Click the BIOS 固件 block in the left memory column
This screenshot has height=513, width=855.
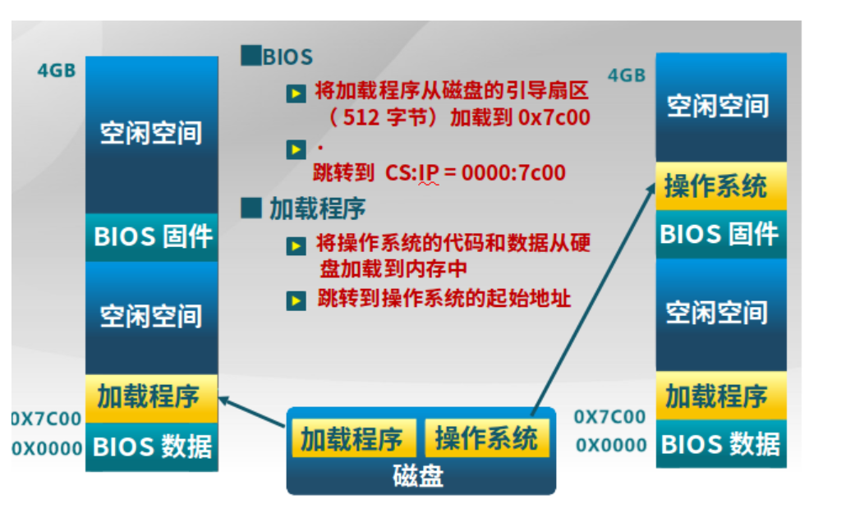pyautogui.click(x=152, y=237)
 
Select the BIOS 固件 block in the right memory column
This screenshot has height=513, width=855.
pyautogui.click(x=719, y=234)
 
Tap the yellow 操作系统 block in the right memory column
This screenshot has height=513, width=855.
pyautogui.click(x=719, y=186)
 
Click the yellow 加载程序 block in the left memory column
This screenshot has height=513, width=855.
pyautogui.click(x=151, y=397)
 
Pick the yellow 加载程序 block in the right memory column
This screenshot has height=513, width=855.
pyautogui.click(x=719, y=396)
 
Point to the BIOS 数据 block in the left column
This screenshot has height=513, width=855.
pyautogui.click(x=152, y=447)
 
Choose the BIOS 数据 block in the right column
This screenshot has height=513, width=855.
pyautogui.click(x=719, y=444)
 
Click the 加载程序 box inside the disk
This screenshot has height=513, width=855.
pyautogui.click(x=352, y=439)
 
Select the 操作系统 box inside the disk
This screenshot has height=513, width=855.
pyautogui.click(x=485, y=438)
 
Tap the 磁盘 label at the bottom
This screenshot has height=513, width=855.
pyautogui.click(x=418, y=477)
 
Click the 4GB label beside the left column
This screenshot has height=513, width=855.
pyautogui.click(x=57, y=71)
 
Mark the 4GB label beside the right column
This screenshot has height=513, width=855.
pyautogui.click(x=626, y=76)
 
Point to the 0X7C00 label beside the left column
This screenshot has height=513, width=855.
pyautogui.click(x=47, y=419)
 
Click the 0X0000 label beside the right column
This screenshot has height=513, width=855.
pyautogui.click(x=611, y=445)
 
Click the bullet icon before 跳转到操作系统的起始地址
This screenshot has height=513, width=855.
pyautogui.click(x=296, y=300)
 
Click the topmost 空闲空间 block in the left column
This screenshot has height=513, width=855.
pyautogui.click(x=151, y=133)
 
